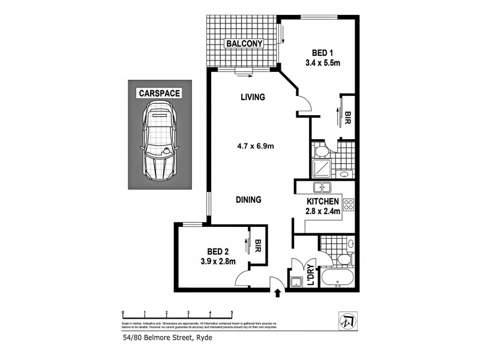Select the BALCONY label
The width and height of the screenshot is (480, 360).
pyautogui.click(x=244, y=43)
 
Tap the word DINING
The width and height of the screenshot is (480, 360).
pyautogui.click(x=248, y=200)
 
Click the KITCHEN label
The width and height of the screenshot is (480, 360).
pyautogui.click(x=323, y=202)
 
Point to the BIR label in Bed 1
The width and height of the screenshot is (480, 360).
pyautogui.click(x=347, y=118)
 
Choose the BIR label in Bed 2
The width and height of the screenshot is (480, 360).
pyautogui.click(x=259, y=246)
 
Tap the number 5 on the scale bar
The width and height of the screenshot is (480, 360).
pyautogui.click(x=232, y=313)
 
